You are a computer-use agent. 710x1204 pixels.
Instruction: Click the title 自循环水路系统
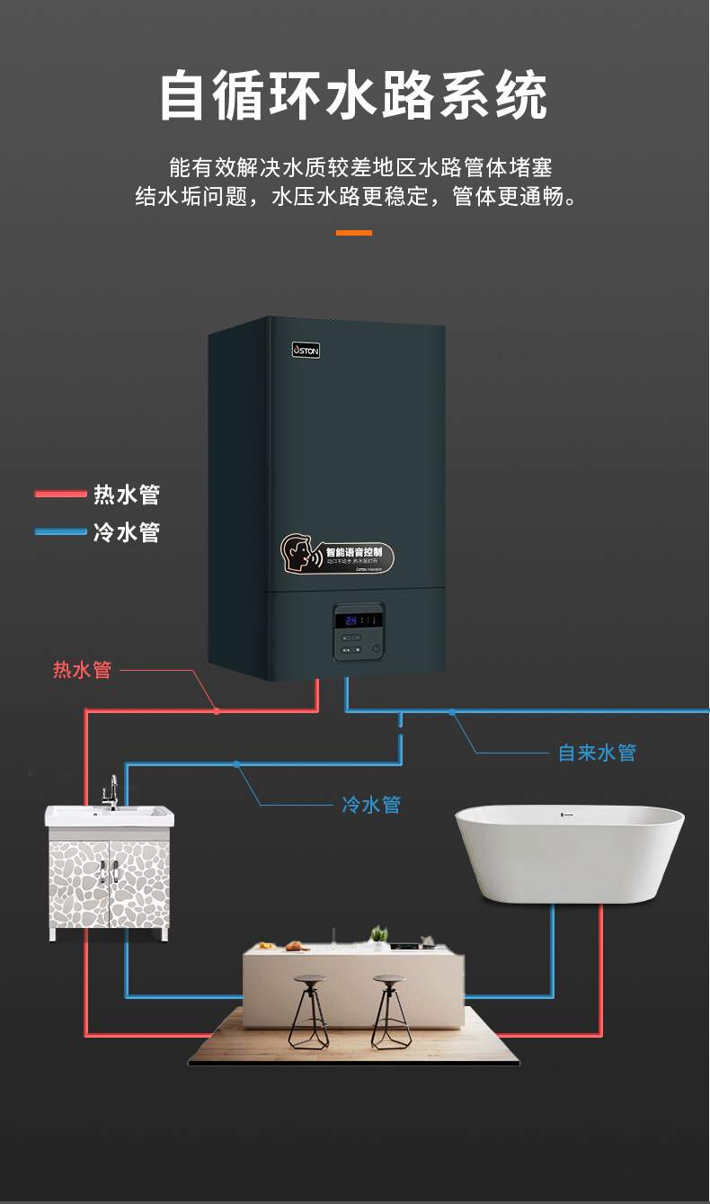[354, 96]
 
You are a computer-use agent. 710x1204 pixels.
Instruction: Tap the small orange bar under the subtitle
[354, 233]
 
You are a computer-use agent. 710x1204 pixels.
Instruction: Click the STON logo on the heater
[306, 350]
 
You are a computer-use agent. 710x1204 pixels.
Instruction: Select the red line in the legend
[60, 494]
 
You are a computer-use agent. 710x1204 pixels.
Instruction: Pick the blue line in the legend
[60, 531]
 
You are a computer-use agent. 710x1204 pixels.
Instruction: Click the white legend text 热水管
[127, 494]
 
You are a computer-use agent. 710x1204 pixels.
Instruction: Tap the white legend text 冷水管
[127, 531]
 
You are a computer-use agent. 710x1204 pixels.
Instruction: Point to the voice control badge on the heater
[336, 555]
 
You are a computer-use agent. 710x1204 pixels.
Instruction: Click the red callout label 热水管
[82, 670]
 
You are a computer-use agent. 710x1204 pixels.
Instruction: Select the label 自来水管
[597, 753]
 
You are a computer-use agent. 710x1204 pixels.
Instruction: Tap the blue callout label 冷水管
[371, 804]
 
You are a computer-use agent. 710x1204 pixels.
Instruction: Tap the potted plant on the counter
[379, 935]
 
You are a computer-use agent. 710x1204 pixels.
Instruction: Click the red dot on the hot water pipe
[217, 710]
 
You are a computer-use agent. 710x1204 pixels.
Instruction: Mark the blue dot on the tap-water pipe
[452, 711]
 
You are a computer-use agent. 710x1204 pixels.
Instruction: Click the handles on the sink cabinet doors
[109, 870]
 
